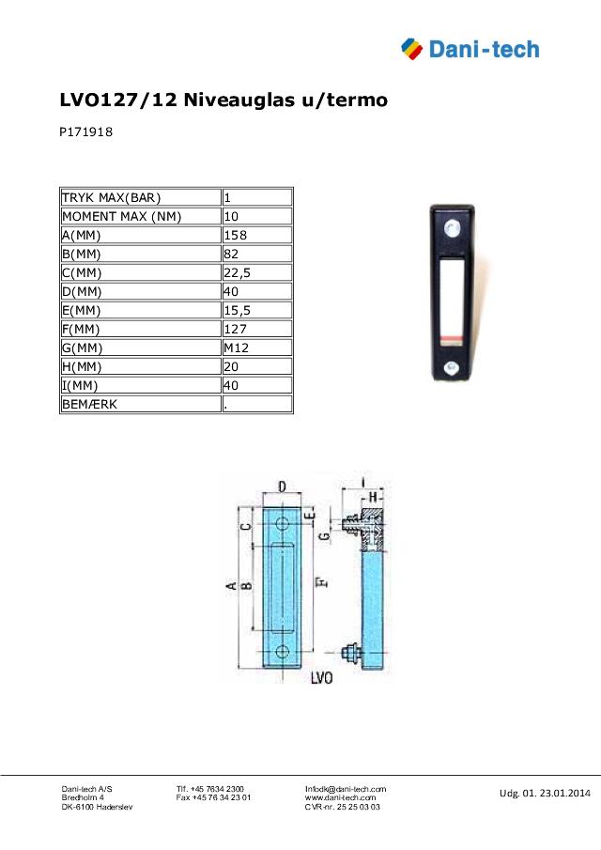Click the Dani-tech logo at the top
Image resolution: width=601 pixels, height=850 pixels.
click(470, 48)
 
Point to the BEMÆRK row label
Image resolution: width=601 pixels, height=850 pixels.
click(91, 404)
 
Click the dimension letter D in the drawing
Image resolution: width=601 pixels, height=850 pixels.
click(283, 486)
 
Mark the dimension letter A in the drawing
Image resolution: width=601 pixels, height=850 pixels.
click(230, 586)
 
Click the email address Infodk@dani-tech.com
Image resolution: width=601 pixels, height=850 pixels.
click(346, 789)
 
